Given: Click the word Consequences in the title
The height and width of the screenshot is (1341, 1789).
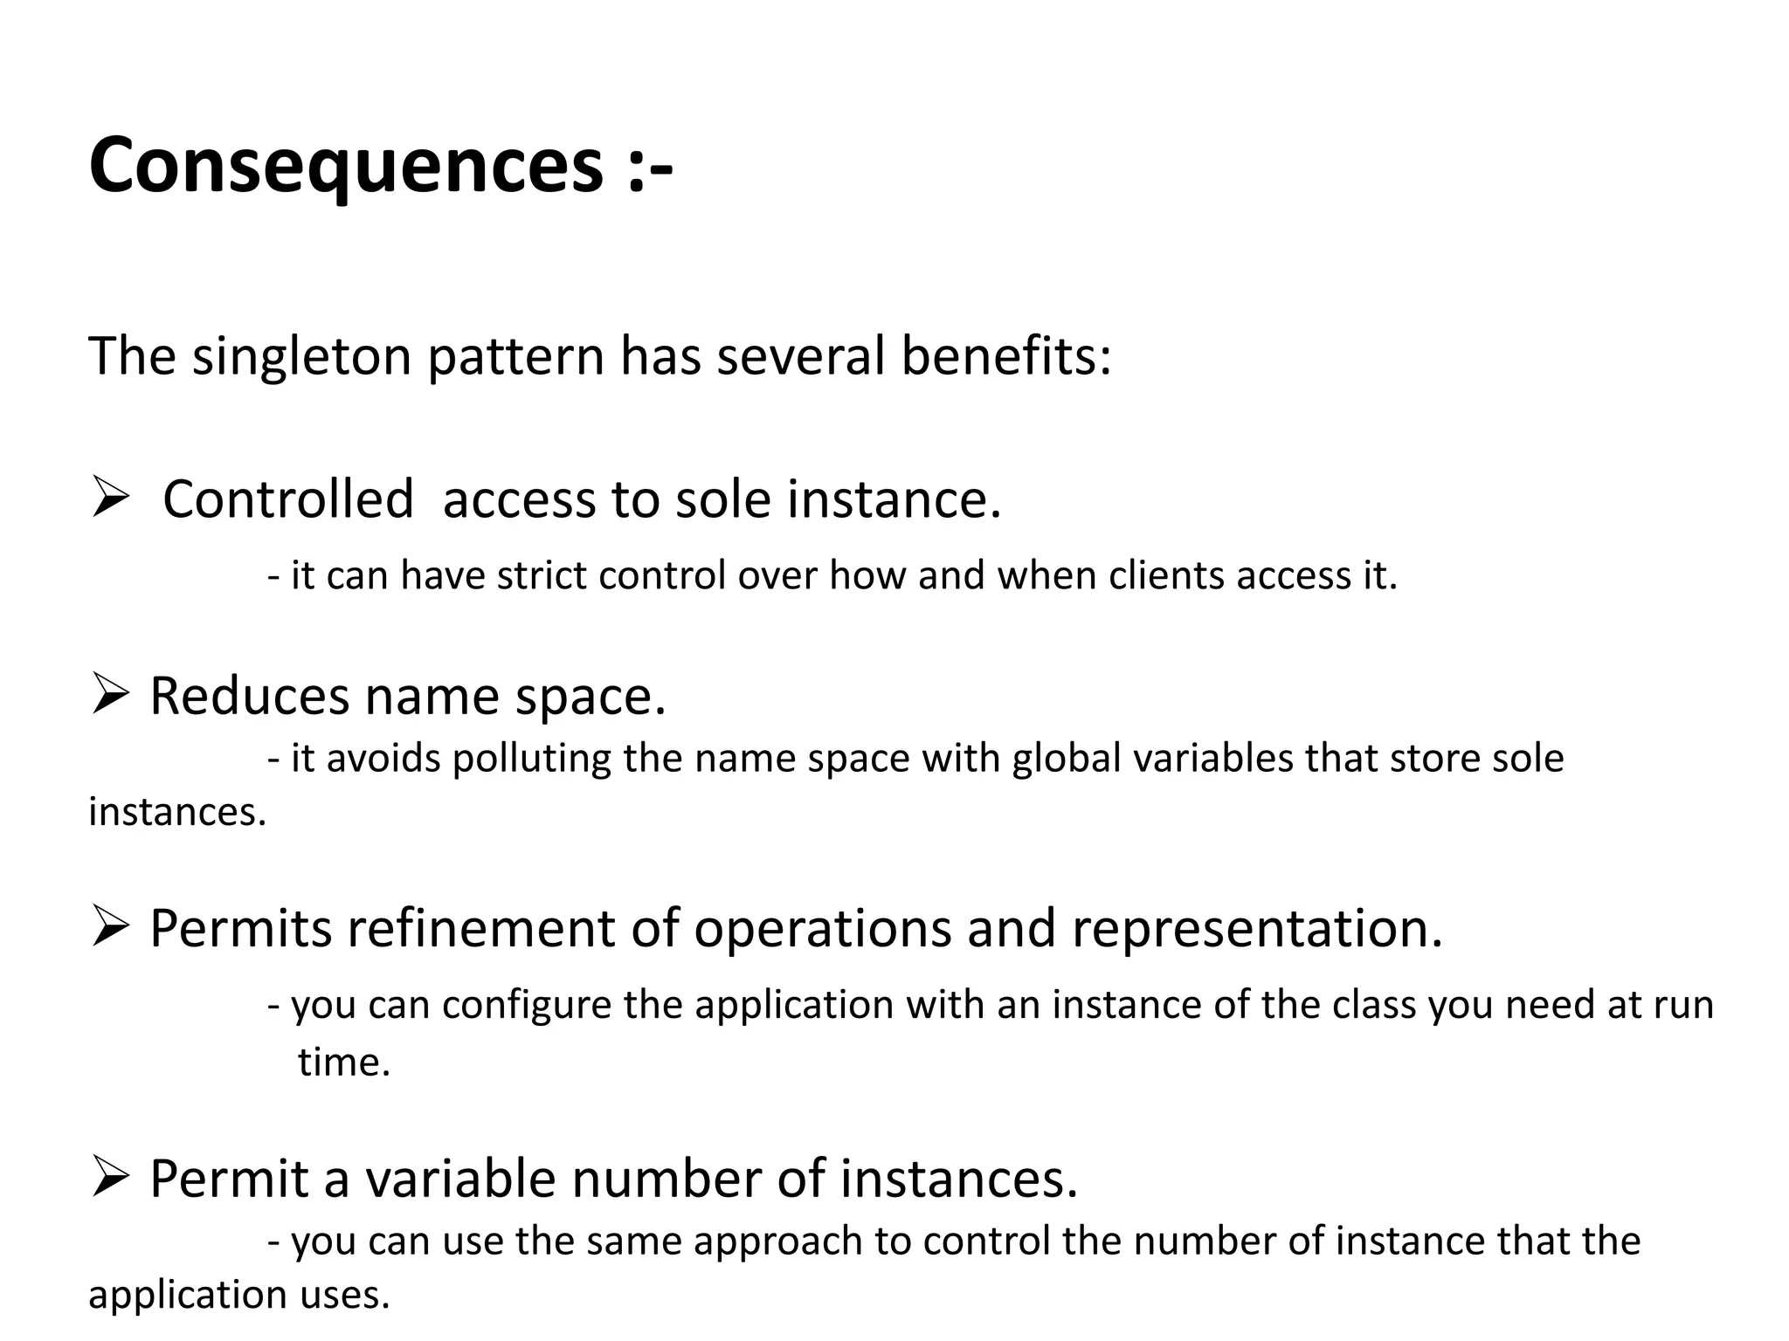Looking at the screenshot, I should click(346, 166).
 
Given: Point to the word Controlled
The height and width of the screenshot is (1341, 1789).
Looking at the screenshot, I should click(288, 499).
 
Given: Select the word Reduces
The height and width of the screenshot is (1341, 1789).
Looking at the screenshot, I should click(249, 697).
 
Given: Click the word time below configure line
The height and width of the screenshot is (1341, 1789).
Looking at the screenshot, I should click(342, 1062).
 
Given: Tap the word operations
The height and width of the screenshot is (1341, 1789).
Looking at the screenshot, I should click(822, 928).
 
